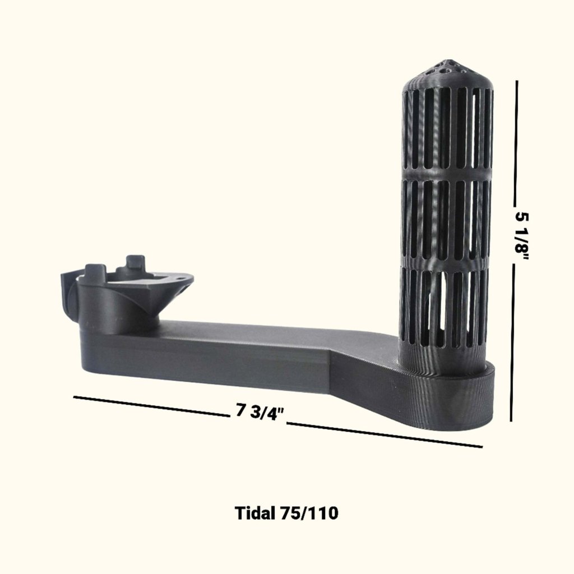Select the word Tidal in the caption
(254, 513)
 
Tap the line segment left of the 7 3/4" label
(151, 406)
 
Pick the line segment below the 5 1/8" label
(512, 342)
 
